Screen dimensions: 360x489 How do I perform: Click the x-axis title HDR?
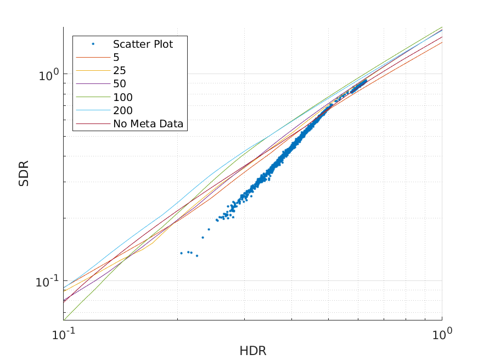252,351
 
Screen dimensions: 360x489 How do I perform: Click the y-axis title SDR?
24,173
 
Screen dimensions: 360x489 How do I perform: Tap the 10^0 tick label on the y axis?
49,74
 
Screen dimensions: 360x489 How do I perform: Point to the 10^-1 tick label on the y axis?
47,282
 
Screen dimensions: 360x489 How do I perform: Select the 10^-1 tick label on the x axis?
64,333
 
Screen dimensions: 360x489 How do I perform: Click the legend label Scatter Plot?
143,44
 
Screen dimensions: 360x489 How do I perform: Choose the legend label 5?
116,57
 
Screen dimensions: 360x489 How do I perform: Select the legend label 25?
120,71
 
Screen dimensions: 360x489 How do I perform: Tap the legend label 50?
120,84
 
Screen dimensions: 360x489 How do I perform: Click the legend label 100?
123,98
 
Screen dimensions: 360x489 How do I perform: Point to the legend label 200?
123,111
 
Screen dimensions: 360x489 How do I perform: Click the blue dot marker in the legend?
93,44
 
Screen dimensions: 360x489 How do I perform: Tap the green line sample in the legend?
93,98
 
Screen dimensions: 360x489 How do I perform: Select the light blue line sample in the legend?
93,111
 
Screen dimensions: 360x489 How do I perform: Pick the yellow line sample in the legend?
93,71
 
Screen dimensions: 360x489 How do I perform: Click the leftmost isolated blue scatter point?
181,253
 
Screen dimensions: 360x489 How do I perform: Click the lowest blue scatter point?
197,256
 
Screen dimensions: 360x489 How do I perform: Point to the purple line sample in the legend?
93,84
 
